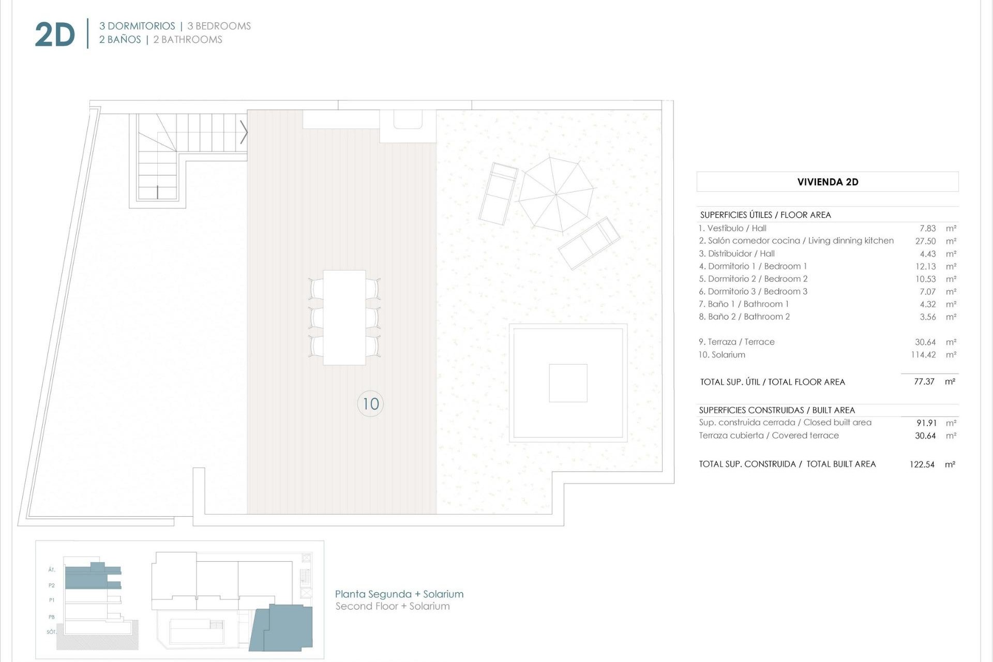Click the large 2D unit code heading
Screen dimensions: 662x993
click(55, 35)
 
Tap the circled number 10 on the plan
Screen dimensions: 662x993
click(370, 403)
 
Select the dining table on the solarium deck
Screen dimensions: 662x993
click(344, 317)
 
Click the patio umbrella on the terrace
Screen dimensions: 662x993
click(556, 194)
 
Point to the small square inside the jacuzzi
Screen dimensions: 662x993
click(568, 383)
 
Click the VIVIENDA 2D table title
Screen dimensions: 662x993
click(827, 182)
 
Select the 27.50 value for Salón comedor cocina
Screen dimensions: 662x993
click(925, 241)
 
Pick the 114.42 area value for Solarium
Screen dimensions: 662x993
click(923, 355)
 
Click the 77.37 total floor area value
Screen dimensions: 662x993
click(924, 382)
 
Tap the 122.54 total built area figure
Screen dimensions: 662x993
click(922, 464)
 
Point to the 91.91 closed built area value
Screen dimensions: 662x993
click(926, 423)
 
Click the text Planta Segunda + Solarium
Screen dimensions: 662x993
click(399, 594)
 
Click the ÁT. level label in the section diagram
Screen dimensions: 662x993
click(51, 570)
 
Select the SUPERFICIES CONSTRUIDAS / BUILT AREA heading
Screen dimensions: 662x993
click(777, 410)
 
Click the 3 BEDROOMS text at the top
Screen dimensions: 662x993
click(219, 26)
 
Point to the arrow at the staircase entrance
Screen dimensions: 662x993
click(244, 132)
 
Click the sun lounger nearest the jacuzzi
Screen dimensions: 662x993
click(589, 243)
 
